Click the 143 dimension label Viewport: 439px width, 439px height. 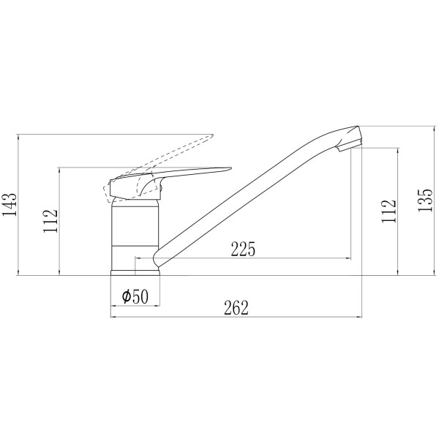point(10,204)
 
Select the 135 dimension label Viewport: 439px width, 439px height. point(425,200)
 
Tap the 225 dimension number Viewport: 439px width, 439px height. point(243,249)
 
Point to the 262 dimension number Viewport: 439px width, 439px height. point(236,308)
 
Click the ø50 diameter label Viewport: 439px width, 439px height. point(135,296)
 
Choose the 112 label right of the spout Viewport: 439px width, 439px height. point(389,211)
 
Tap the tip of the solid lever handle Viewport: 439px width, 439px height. point(230,168)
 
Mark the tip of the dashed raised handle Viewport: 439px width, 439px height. point(212,135)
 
